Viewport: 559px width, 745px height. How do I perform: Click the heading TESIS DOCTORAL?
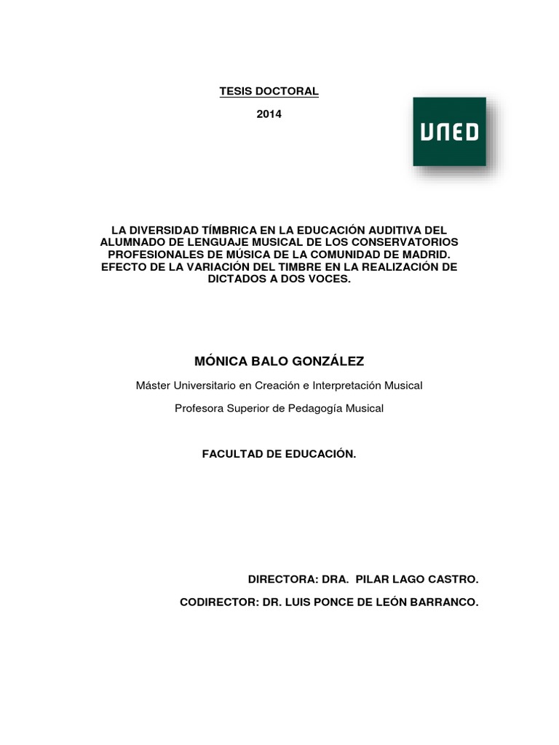(269, 91)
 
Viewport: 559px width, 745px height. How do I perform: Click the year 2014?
(269, 114)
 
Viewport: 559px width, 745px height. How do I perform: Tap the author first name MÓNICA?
(219, 362)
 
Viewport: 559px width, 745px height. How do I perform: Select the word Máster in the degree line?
(153, 385)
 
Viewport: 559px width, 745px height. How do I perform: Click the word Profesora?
(199, 408)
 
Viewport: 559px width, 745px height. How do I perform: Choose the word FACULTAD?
(230, 454)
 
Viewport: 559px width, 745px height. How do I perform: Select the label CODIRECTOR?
(220, 602)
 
